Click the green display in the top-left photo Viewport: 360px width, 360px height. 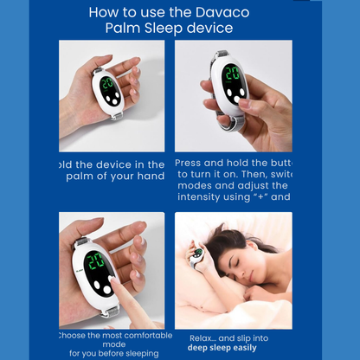[x=107, y=85]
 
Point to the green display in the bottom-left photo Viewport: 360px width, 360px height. [x=96, y=260]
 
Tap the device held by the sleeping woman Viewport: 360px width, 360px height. [x=197, y=254]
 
